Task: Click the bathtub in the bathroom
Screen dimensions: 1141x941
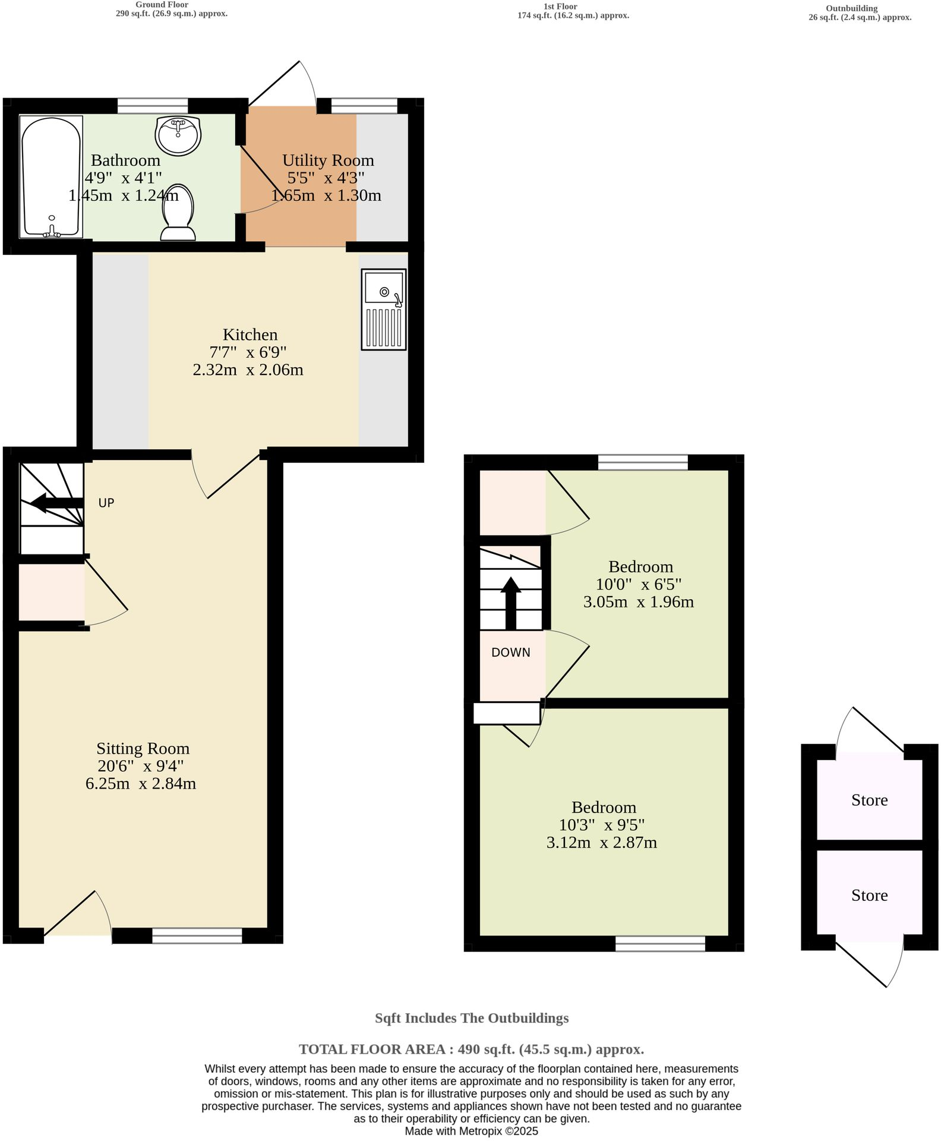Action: click(50, 177)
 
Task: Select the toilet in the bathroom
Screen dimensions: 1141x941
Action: click(178, 213)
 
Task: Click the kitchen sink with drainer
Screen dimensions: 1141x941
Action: click(384, 309)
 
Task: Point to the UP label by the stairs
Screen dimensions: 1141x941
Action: click(106, 503)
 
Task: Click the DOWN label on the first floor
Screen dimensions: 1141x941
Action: click(510, 653)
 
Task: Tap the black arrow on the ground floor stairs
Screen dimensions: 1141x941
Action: click(55, 503)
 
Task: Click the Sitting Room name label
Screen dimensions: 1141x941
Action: click(143, 748)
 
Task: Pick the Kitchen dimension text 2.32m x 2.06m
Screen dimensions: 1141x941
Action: click(248, 370)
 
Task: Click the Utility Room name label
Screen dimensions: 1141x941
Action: click(328, 160)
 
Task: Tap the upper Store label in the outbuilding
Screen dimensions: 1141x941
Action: click(869, 800)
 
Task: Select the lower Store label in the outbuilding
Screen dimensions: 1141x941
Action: click(869, 895)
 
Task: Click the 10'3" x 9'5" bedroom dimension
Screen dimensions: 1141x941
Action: click(601, 825)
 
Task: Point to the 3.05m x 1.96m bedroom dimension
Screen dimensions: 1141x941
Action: click(638, 602)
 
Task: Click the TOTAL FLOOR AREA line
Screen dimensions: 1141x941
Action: click(471, 1049)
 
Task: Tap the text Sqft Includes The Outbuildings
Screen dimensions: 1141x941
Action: click(471, 1018)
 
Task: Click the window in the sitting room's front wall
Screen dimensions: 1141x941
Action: click(197, 935)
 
